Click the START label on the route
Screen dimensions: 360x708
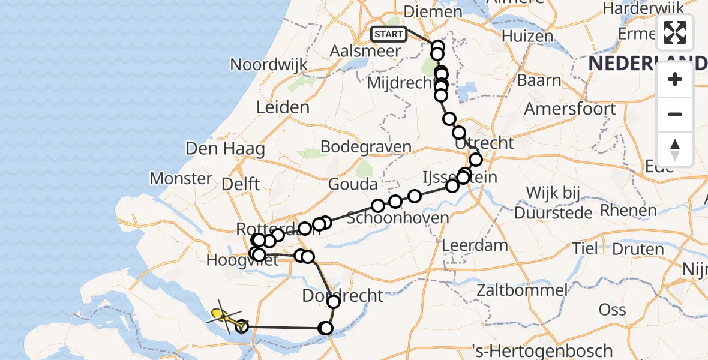(x=388, y=34)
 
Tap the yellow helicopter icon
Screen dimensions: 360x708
(x=223, y=316)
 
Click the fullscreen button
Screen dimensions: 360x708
(x=675, y=32)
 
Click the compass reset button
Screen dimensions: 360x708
(x=675, y=149)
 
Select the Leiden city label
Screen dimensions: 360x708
(x=283, y=108)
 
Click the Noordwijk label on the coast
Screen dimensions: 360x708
(x=269, y=65)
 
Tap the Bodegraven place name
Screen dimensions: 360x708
(x=366, y=147)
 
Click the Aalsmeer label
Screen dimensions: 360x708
(x=365, y=51)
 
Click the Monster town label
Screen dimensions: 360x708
(x=181, y=178)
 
